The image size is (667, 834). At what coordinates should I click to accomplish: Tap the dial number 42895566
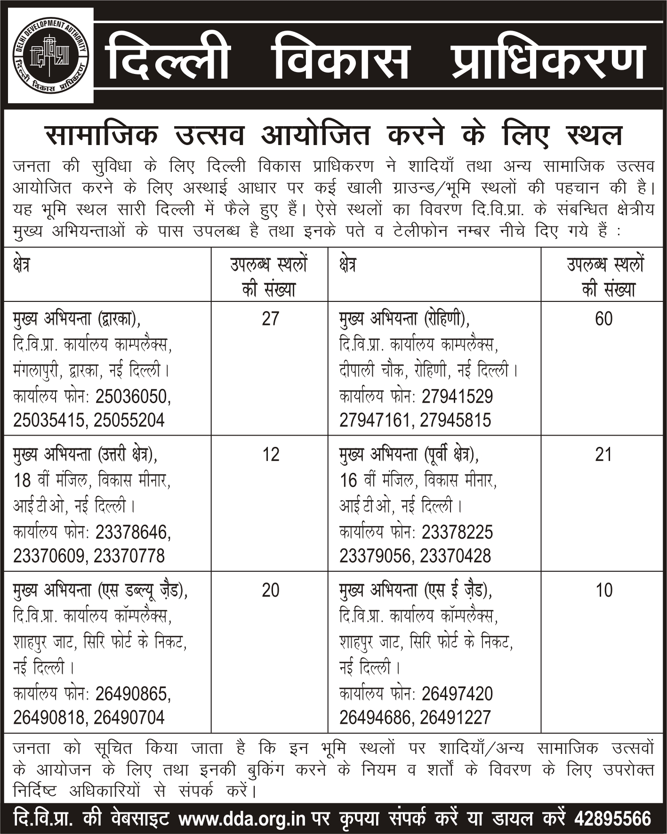tap(612, 818)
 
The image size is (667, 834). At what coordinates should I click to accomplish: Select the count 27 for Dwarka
tap(270, 319)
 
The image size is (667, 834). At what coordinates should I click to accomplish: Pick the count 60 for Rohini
tap(603, 319)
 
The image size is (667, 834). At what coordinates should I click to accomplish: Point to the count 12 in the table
tap(270, 454)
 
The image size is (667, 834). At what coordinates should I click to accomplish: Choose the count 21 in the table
tap(603, 454)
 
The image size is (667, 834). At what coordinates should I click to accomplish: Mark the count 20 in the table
tap(270, 590)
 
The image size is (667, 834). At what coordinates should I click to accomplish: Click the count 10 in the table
tap(603, 590)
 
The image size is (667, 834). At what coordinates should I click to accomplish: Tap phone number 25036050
tap(133, 397)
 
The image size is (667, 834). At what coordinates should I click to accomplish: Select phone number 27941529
tap(457, 397)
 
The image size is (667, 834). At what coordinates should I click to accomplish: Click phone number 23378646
tap(133, 533)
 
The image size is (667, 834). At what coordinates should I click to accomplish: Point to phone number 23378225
tap(457, 533)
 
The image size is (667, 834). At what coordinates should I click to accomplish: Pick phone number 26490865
tap(133, 694)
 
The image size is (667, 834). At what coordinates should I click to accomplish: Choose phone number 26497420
tap(457, 694)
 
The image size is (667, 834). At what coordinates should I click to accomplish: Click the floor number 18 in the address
tap(22, 481)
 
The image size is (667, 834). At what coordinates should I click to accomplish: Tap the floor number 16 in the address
tap(348, 481)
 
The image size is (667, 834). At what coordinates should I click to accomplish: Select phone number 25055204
tap(129, 420)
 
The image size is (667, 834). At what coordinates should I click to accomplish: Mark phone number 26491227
tap(455, 717)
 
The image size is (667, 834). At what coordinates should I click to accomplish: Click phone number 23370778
tap(129, 556)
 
